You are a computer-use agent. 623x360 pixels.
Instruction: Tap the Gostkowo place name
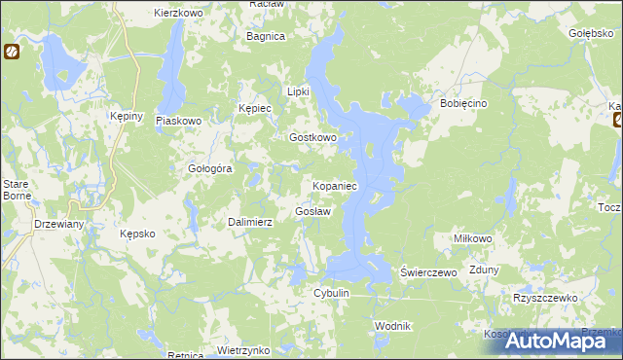click(x=312, y=138)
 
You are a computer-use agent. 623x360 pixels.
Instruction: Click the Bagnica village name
click(x=266, y=36)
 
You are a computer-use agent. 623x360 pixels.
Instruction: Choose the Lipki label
click(x=298, y=91)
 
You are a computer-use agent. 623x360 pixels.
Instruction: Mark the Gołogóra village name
click(x=209, y=168)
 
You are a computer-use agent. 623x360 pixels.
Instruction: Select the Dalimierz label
click(x=250, y=222)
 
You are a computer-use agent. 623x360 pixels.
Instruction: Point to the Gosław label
click(x=313, y=211)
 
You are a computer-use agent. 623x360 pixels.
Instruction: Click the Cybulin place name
click(x=331, y=293)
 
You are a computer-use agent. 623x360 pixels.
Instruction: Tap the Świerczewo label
click(x=429, y=273)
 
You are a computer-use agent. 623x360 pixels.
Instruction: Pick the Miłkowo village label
click(x=474, y=238)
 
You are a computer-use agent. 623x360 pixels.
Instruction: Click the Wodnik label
click(x=393, y=326)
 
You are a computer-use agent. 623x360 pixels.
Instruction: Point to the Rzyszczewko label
click(x=545, y=299)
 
